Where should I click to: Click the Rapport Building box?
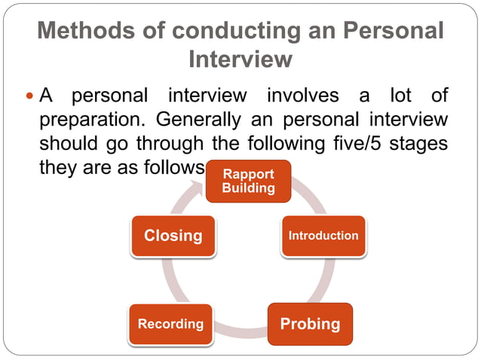click(x=248, y=182)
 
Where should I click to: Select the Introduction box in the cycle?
click(x=323, y=236)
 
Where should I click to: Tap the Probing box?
click(x=310, y=324)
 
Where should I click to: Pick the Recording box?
click(x=170, y=324)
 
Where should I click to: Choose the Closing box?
click(x=173, y=236)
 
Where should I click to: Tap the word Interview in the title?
click(x=240, y=58)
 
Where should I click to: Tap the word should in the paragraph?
click(x=66, y=143)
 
